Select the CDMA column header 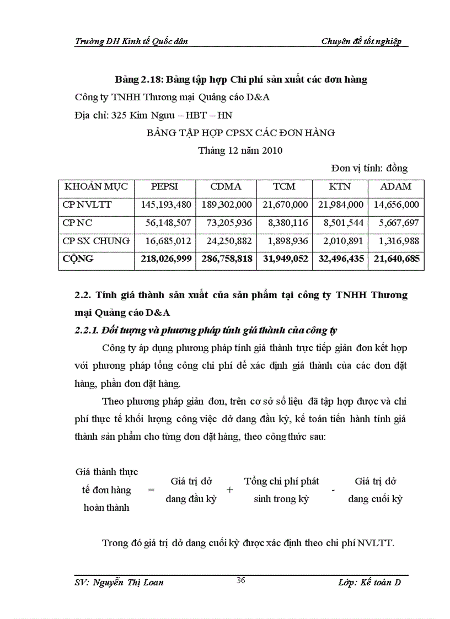pyautogui.click(x=226, y=186)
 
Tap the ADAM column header pyautogui.click(x=395, y=186)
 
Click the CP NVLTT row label pyautogui.click(x=87, y=204)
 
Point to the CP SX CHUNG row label pyautogui.click(x=96, y=241)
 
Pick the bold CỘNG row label pyautogui.click(x=78, y=259)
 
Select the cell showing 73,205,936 pyautogui.click(x=227, y=223)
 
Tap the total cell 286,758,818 pyautogui.click(x=227, y=259)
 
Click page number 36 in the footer pyautogui.click(x=240, y=579)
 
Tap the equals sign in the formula pyautogui.click(x=151, y=489)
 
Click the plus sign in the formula pyautogui.click(x=230, y=489)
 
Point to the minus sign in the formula pyautogui.click(x=334, y=491)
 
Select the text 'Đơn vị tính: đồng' pyautogui.click(x=369, y=168)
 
